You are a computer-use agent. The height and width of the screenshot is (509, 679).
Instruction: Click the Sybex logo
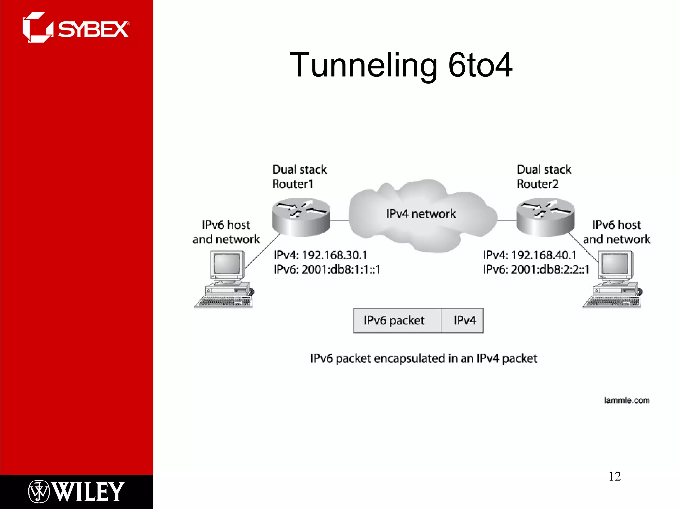(76, 28)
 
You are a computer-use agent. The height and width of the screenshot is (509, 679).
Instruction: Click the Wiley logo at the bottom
(76, 492)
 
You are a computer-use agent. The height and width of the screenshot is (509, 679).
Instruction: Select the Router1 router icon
(301, 217)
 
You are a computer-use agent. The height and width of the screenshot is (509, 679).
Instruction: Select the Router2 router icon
(545, 217)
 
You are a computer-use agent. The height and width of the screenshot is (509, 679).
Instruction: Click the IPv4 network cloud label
(420, 214)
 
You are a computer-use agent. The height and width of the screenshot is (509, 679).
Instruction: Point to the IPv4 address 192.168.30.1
(334, 255)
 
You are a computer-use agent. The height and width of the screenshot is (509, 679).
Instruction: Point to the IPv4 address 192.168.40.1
(543, 255)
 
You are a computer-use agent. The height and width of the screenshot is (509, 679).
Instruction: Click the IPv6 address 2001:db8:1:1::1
(340, 270)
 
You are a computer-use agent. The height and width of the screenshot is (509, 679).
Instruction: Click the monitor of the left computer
(227, 264)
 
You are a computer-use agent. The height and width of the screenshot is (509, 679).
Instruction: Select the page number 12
(614, 476)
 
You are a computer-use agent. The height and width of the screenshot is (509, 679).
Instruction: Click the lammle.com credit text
(627, 400)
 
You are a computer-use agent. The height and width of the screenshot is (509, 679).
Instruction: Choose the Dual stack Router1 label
(299, 177)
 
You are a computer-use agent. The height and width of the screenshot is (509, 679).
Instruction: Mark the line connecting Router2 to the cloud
(507, 220)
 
